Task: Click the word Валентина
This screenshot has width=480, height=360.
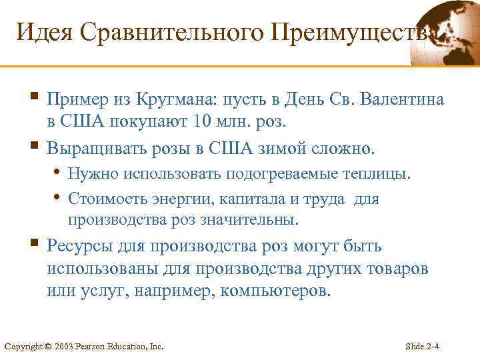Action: [x=403, y=101]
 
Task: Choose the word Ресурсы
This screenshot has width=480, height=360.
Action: [x=77, y=247]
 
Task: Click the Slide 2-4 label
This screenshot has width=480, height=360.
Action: [x=427, y=346]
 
